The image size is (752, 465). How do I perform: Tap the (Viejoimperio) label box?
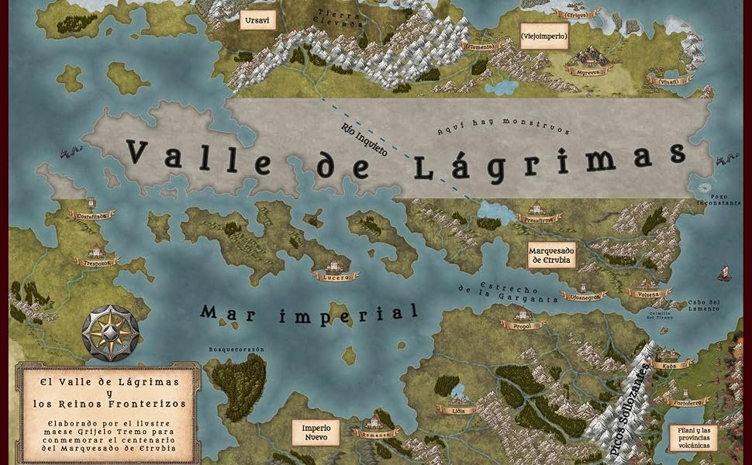(x=543, y=36)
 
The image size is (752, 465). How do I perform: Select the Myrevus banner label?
(x=588, y=71)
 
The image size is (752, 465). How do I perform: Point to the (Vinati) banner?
(x=670, y=81)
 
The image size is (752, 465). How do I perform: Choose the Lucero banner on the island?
(x=336, y=275)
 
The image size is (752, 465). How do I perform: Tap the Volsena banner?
(x=648, y=294)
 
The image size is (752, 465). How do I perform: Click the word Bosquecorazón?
(x=236, y=350)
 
